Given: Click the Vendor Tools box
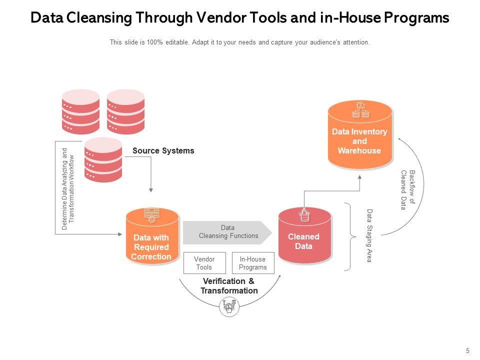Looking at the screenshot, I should [x=204, y=263].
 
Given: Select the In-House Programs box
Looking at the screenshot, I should [x=253, y=263].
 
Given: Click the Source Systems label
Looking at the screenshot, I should [x=163, y=150].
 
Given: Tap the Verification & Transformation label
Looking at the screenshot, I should [x=229, y=286].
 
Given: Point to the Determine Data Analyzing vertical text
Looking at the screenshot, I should [x=67, y=189].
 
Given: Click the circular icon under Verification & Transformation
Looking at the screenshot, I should [x=229, y=306].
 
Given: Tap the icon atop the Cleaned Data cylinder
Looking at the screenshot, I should [x=304, y=216].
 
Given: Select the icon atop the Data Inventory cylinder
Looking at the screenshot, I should [x=360, y=110].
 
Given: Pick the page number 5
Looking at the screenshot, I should [x=467, y=350].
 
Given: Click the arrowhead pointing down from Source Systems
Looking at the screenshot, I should [x=151, y=190].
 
